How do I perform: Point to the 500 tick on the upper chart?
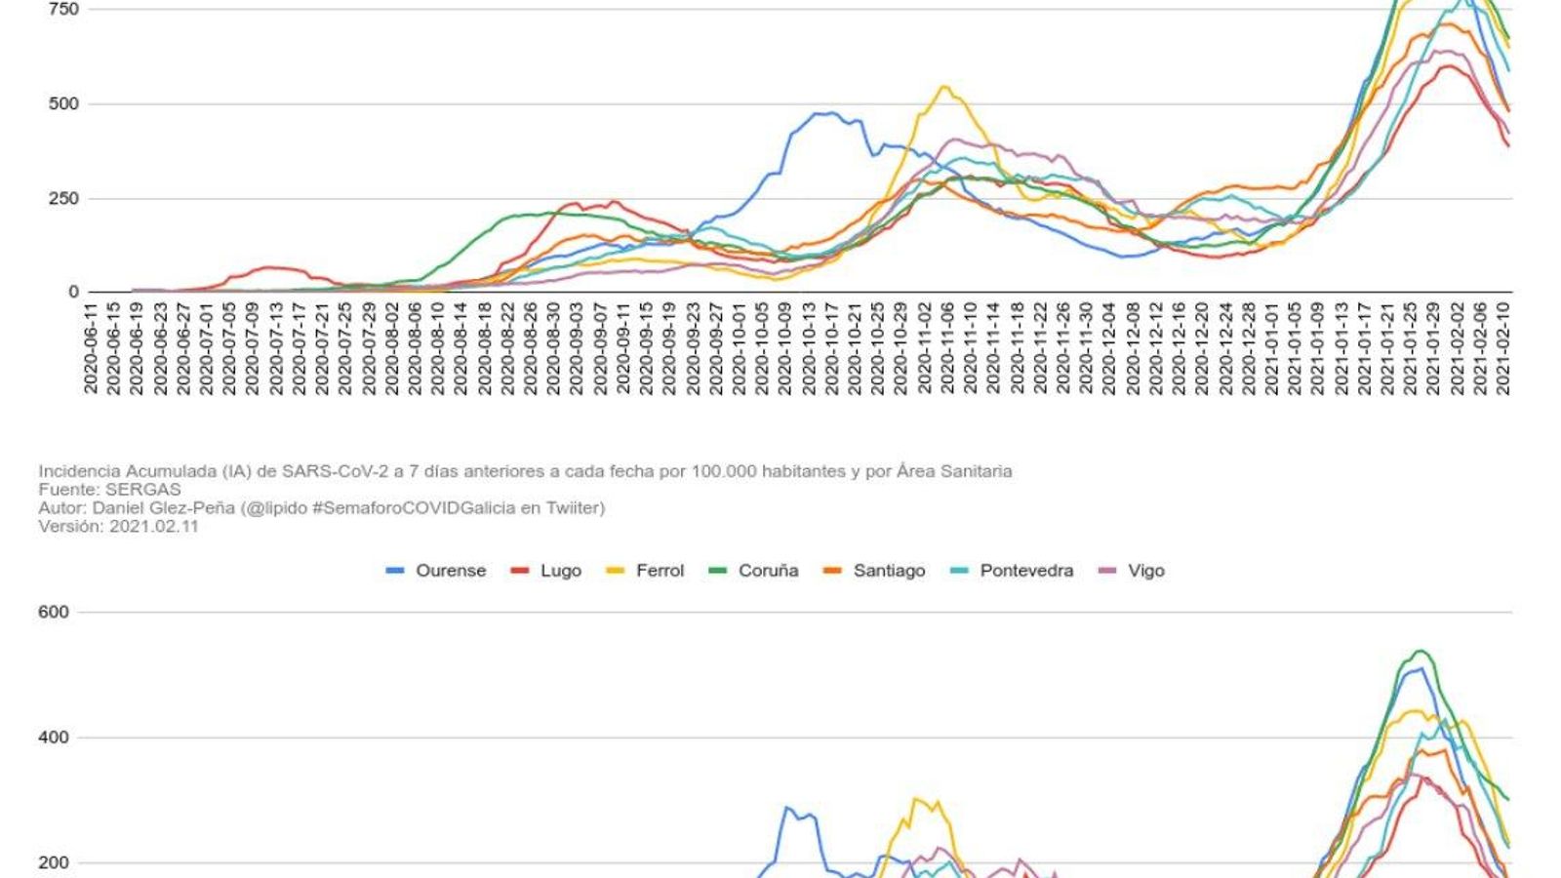pyautogui.click(x=63, y=104)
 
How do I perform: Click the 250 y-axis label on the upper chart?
pyautogui.click(x=63, y=199)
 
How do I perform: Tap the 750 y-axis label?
pyautogui.click(x=63, y=9)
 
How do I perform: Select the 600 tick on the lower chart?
pyautogui.click(x=54, y=613)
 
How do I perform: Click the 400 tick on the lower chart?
pyautogui.click(x=54, y=738)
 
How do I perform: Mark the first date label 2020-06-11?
pyautogui.click(x=91, y=348)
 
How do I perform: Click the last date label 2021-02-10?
pyautogui.click(x=1503, y=348)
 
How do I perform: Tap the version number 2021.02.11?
pyautogui.click(x=153, y=526)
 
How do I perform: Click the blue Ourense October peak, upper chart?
pyautogui.click(x=824, y=113)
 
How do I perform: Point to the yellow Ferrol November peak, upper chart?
pyautogui.click(x=944, y=87)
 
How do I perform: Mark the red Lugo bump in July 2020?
pyautogui.click(x=268, y=267)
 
